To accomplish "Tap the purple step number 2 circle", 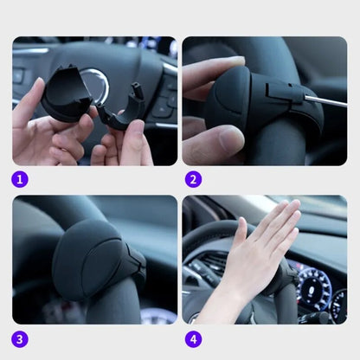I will [x=194, y=180].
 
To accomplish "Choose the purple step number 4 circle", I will [x=194, y=338].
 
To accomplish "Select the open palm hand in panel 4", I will [x=264, y=251].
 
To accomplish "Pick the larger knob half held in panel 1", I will [x=66, y=95].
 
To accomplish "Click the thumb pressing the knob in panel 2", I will [x=216, y=138].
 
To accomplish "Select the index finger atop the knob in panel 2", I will [x=212, y=69].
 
